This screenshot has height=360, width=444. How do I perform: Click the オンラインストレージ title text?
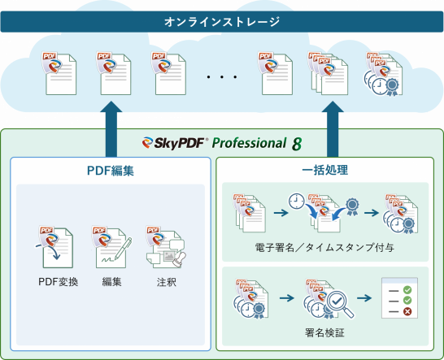click(222, 22)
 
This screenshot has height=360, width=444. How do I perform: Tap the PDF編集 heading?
click(111, 171)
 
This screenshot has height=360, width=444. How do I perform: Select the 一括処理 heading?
click(324, 170)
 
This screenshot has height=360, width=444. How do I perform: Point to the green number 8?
click(297, 144)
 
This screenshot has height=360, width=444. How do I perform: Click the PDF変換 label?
click(58, 282)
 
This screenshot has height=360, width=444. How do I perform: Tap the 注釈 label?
click(167, 282)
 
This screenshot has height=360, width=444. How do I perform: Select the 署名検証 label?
click(324, 332)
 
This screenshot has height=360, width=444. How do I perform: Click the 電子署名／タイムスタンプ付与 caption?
click(324, 247)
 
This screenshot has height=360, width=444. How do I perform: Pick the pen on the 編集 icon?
click(124, 248)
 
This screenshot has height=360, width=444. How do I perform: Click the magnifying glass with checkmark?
click(340, 304)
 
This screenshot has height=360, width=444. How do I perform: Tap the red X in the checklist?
click(407, 311)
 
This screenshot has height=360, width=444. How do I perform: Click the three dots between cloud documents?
click(222, 76)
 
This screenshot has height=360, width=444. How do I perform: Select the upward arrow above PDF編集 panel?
click(111, 129)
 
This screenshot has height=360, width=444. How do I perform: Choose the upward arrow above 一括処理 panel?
click(333, 129)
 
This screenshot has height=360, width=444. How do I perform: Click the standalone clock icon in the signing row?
click(296, 202)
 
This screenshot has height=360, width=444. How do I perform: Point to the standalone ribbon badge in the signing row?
click(352, 206)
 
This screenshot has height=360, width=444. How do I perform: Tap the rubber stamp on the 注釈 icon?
click(180, 260)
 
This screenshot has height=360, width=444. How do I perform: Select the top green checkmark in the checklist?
click(407, 289)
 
